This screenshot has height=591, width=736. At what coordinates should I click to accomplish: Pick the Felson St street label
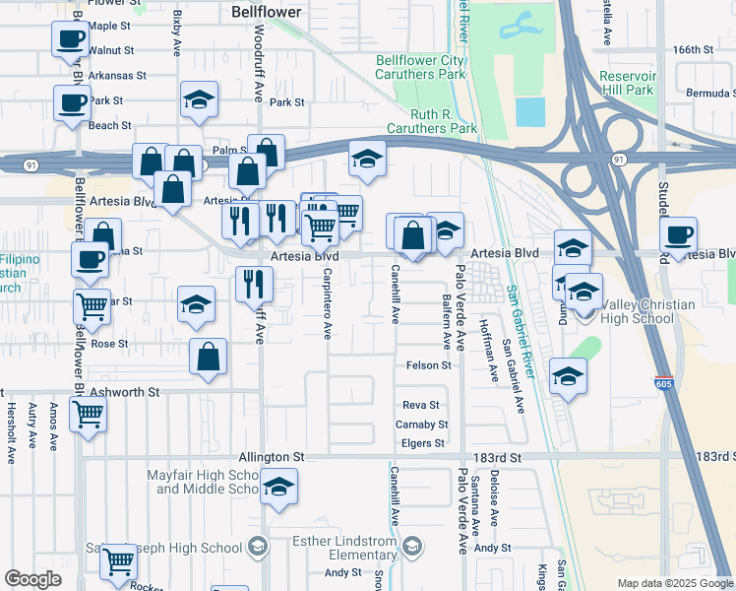[428, 365]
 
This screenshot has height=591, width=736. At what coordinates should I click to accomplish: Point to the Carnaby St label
[422, 425]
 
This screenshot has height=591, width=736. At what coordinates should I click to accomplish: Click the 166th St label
[692, 49]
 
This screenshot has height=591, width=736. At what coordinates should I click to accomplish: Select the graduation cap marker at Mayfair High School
[280, 487]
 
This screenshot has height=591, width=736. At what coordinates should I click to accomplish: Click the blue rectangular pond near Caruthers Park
[529, 111]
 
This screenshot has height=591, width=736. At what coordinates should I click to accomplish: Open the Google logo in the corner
[32, 579]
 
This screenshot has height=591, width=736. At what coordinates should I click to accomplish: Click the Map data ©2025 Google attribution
[675, 583]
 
